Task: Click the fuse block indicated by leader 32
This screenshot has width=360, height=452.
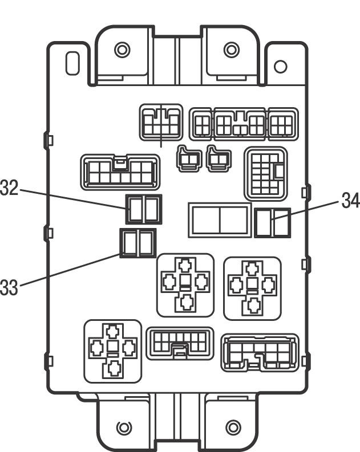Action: click(x=144, y=209)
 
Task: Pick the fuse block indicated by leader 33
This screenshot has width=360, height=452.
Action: click(x=137, y=243)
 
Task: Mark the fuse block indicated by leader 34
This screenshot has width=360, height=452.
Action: click(x=272, y=222)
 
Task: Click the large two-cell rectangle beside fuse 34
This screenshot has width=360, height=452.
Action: click(x=220, y=220)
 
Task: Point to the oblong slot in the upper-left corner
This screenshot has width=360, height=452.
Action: click(x=72, y=63)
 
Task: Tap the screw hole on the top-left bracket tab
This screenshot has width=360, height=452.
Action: click(x=122, y=50)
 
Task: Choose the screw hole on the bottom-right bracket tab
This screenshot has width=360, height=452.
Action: click(x=233, y=427)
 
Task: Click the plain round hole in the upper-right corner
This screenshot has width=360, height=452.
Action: click(x=280, y=66)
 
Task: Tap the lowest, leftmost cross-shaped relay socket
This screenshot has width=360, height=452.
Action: click(x=112, y=351)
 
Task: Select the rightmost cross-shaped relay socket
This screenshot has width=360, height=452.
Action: click(x=253, y=288)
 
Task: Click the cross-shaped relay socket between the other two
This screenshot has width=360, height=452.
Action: click(x=185, y=284)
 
